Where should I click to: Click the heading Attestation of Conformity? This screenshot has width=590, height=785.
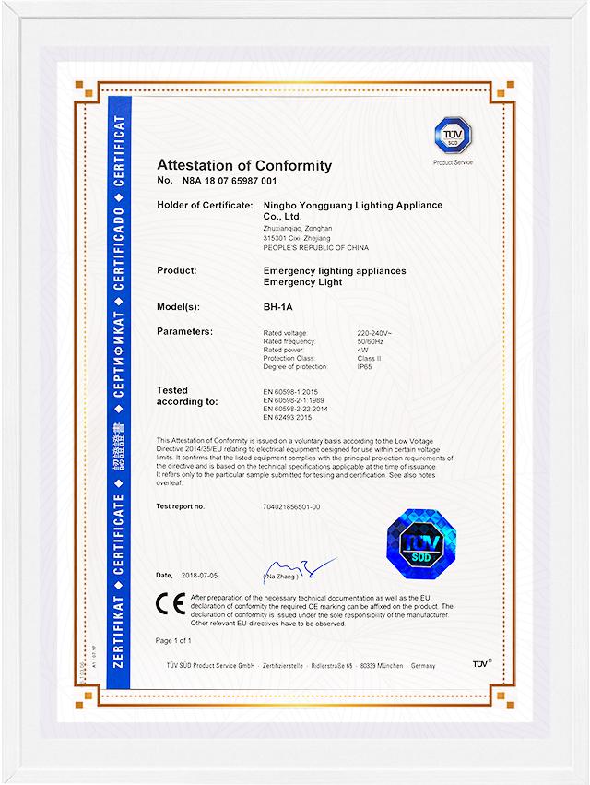click(x=244, y=165)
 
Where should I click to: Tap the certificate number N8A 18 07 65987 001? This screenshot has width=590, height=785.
click(x=230, y=183)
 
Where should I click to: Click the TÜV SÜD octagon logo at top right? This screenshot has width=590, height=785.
click(x=453, y=136)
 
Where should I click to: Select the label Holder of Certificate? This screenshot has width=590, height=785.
click(x=205, y=204)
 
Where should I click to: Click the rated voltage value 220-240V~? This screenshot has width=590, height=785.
click(x=373, y=332)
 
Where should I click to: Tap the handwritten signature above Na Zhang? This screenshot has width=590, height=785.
click(x=295, y=565)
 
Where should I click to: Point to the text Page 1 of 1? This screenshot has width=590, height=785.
click(x=174, y=640)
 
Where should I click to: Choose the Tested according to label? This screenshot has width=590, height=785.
click(x=187, y=397)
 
